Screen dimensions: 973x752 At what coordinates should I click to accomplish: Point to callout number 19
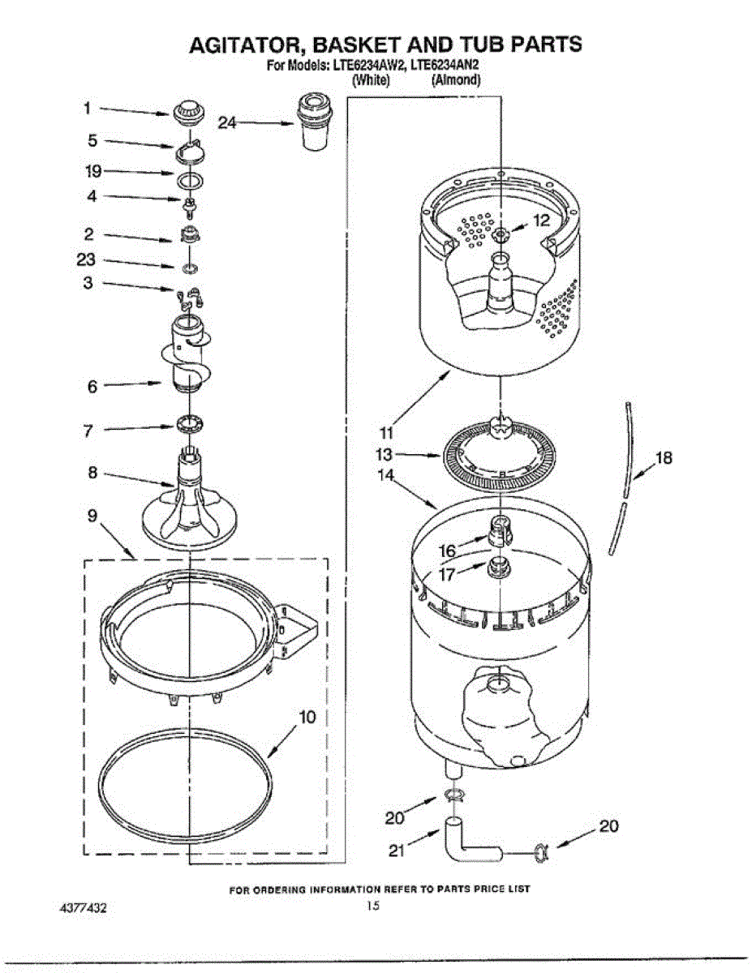pos(92,171)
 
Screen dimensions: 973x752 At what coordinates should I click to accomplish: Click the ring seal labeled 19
pos(187,179)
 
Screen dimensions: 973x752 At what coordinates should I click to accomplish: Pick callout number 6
pos(92,387)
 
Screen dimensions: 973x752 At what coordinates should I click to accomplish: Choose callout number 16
pos(447,551)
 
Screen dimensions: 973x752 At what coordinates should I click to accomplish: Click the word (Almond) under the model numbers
pos(455,80)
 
